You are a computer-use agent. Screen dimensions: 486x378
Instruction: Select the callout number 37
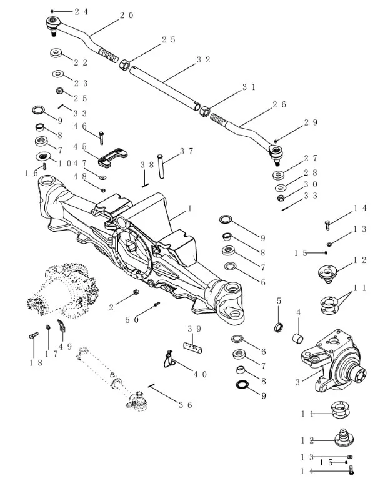click(x=186, y=151)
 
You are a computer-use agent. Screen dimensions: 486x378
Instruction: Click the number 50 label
click(x=131, y=319)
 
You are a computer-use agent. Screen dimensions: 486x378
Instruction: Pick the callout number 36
click(x=185, y=405)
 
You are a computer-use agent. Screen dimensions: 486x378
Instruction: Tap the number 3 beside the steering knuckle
click(x=297, y=382)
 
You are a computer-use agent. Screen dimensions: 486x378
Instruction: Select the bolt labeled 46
click(x=100, y=134)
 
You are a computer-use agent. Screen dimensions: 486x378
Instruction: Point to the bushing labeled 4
click(x=299, y=340)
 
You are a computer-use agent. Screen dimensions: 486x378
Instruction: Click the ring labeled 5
click(x=279, y=327)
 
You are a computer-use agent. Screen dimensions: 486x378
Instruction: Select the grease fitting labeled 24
click(x=53, y=11)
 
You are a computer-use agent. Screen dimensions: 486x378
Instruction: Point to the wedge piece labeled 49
click(x=62, y=325)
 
